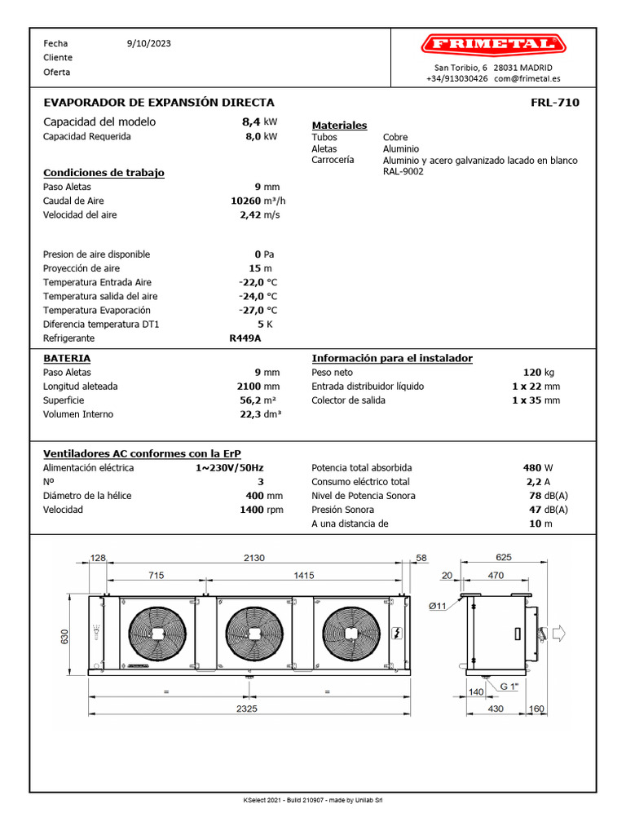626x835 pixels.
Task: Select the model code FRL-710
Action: click(554, 103)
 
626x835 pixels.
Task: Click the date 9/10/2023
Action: click(149, 43)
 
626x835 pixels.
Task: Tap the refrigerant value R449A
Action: click(245, 338)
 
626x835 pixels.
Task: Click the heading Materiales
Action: click(339, 126)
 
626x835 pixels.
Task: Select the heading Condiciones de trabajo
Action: click(104, 173)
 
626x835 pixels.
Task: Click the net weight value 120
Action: click(531, 372)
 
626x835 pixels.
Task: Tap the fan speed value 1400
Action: click(251, 510)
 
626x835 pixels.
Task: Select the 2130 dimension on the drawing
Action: click(253, 559)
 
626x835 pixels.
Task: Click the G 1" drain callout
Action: click(509, 687)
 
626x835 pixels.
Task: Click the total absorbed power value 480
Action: click(532, 468)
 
